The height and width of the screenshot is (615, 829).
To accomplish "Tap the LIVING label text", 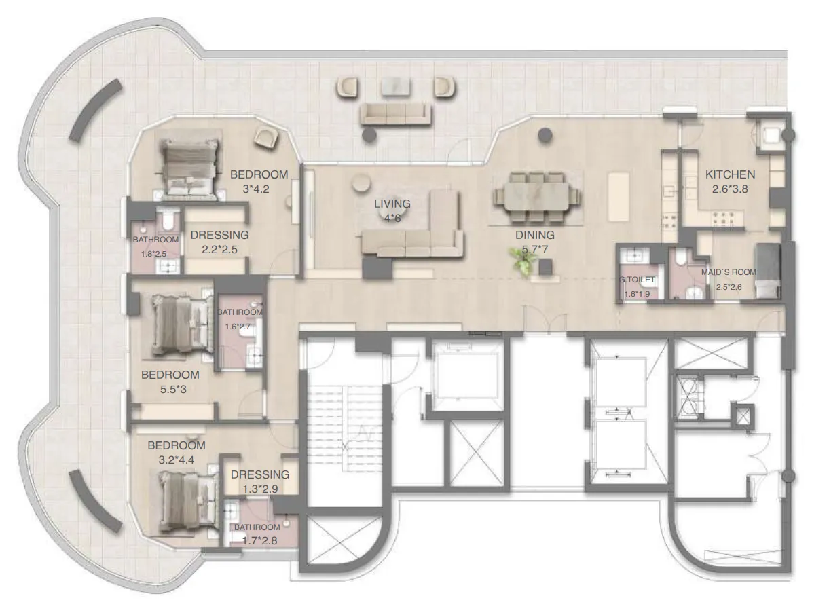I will [x=392, y=203].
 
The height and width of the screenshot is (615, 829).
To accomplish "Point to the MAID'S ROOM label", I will [x=729, y=272].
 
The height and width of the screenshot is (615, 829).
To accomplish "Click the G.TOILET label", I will [x=636, y=279].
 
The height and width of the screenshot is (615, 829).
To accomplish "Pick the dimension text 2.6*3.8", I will [x=730, y=189].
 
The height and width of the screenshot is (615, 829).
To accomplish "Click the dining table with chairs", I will [x=536, y=197].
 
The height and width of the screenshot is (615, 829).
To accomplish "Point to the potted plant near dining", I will [x=523, y=262].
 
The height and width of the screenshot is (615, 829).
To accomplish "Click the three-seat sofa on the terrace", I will [x=395, y=113].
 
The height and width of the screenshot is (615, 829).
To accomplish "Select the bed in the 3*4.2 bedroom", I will [x=189, y=169].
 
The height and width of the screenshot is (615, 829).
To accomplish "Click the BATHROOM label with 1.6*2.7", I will [x=240, y=312].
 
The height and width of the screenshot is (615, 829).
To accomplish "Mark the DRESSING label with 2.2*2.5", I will [x=219, y=235].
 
